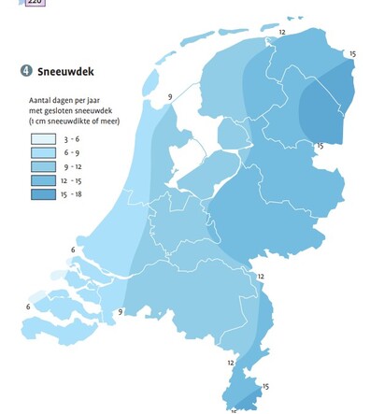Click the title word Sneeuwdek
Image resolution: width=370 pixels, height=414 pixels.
(x=66, y=71)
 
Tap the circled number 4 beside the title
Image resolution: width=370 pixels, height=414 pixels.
(x=24, y=71)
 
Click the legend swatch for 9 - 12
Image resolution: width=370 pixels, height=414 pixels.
(x=42, y=165)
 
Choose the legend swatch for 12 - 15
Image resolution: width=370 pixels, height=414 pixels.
(x=42, y=179)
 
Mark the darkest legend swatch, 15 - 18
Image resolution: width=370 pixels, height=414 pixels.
(x=42, y=194)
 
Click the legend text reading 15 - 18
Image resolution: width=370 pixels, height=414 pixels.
(x=75, y=194)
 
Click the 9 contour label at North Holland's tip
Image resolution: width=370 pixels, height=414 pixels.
(x=170, y=97)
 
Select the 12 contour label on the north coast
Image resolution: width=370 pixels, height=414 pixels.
(x=282, y=32)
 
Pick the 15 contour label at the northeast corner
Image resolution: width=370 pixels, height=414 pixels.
(x=351, y=54)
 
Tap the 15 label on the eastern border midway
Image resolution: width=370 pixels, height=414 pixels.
(x=320, y=146)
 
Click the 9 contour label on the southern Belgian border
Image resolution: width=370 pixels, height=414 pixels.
(x=120, y=312)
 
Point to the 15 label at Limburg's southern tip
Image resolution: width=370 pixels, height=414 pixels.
(x=265, y=386)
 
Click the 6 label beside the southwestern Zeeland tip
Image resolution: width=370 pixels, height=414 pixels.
(x=28, y=307)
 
